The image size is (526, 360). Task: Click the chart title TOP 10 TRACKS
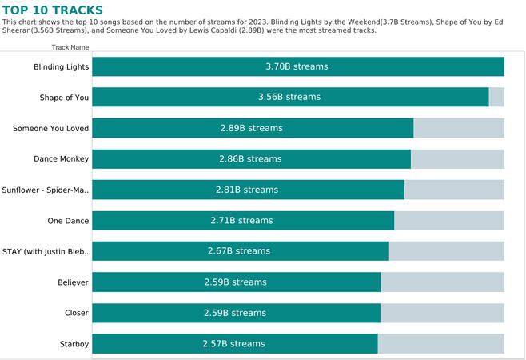[52, 10]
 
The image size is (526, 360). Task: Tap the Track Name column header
[70, 47]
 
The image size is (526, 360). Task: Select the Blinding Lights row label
[62, 67]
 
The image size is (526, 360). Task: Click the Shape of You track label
[64, 98]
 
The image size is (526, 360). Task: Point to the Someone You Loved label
[51, 128]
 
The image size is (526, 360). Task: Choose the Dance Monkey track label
[61, 159]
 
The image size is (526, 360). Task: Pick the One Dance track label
[69, 221]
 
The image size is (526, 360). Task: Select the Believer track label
[73, 282]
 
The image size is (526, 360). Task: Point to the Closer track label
[77, 313]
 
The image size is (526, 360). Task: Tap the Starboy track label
[74, 344]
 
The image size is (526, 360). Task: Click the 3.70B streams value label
[297, 67]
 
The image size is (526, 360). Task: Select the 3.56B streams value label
[289, 98]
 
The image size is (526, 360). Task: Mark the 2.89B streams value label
[252, 128]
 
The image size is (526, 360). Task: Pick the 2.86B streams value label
[250, 159]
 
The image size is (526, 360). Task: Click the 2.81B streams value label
[247, 190]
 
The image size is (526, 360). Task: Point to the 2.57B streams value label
[233, 344]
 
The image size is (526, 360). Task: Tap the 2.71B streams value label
[241, 221]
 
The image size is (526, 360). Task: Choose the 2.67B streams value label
[239, 251]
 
